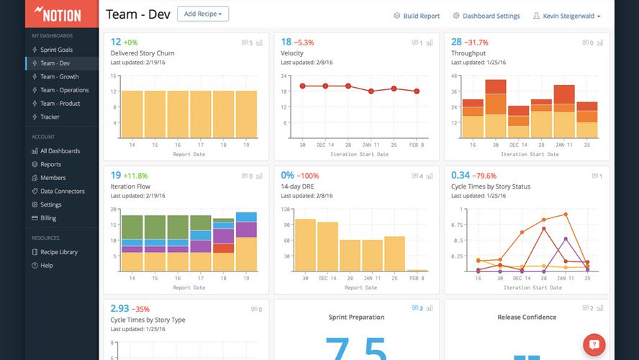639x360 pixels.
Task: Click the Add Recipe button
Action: pyautogui.click(x=202, y=14)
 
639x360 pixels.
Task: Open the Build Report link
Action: pyautogui.click(x=417, y=16)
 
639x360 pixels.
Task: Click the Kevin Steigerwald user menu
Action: pyautogui.click(x=566, y=16)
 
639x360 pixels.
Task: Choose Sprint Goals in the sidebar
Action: pyautogui.click(x=56, y=50)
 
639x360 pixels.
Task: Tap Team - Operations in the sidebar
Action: pyautogui.click(x=64, y=90)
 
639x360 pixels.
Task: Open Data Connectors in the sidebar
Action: pyautogui.click(x=62, y=191)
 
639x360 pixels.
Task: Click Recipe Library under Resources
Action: pyautogui.click(x=58, y=252)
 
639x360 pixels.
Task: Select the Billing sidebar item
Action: pyautogui.click(x=48, y=218)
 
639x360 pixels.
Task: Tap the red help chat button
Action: pyautogui.click(x=594, y=345)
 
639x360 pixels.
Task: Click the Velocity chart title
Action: pyautogui.click(x=292, y=53)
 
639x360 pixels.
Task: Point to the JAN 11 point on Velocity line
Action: pyautogui.click(x=371, y=91)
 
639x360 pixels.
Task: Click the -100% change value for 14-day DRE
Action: pyautogui.click(x=309, y=175)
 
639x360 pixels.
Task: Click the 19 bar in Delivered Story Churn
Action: pyautogui.click(x=246, y=114)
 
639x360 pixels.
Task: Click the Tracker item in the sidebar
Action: pyautogui.click(x=50, y=117)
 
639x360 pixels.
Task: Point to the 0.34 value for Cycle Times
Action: pyautogui.click(x=461, y=175)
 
